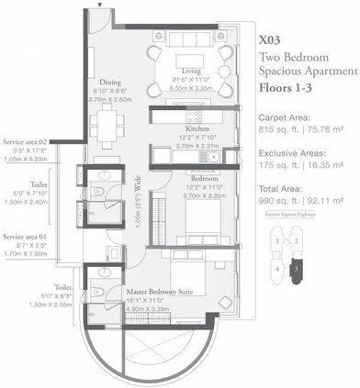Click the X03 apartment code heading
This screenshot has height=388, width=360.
[270, 40]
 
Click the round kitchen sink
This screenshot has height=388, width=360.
[212, 156]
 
